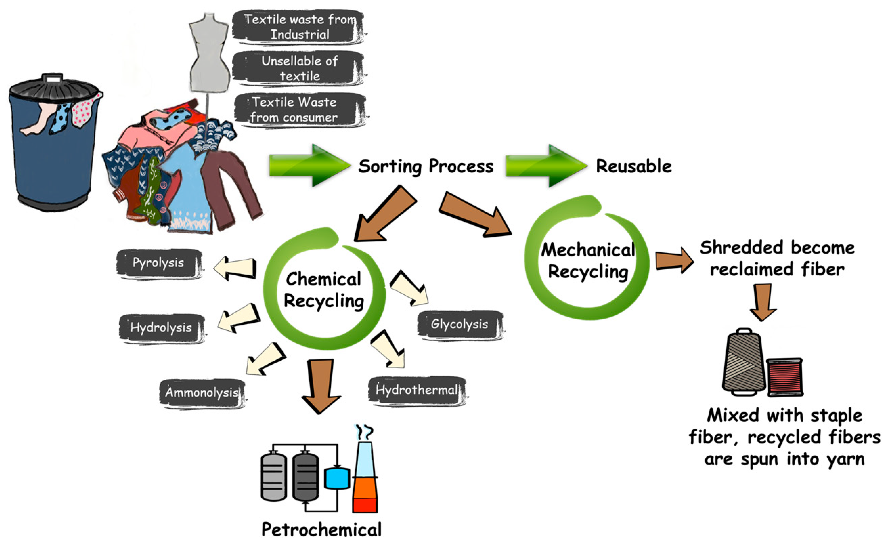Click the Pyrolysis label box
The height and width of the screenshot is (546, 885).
tap(159, 264)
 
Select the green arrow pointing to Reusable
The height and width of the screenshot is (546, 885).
tap(547, 166)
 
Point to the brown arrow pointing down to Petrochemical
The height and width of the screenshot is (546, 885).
tap(320, 386)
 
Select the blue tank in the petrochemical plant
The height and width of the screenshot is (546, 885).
tap(337, 478)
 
